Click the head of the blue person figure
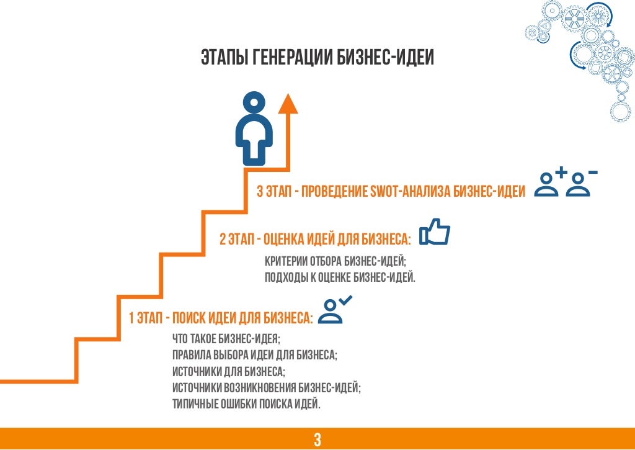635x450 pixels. tap(254, 101)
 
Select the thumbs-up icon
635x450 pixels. tap(435, 232)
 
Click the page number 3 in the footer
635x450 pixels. tap(317, 440)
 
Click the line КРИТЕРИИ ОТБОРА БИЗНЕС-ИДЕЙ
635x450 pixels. tap(335, 261)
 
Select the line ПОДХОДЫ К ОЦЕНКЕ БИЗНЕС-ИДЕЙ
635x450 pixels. tap(340, 277)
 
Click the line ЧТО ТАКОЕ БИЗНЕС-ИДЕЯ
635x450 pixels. tap(226, 338)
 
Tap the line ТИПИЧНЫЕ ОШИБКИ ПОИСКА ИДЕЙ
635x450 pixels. tap(246, 404)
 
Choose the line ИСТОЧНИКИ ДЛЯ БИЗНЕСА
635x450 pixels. tap(229, 371)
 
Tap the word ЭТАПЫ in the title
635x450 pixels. tap(224, 58)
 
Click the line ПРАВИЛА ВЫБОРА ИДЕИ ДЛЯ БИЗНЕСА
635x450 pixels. tap(255, 355)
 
